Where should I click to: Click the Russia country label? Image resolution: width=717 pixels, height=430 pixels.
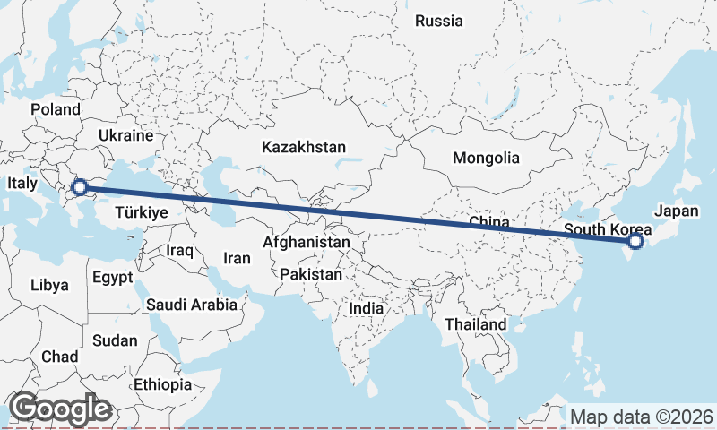(439, 21)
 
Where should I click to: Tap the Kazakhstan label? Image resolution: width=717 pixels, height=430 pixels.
(304, 146)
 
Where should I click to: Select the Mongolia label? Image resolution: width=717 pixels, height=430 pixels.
(486, 159)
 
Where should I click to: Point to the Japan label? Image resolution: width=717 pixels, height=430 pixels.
(676, 211)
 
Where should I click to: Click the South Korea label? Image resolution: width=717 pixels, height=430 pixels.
(608, 230)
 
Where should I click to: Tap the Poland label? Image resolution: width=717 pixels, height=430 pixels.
(55, 109)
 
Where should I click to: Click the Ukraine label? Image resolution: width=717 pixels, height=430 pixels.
(126, 135)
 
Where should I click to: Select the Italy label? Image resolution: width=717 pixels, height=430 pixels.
(22, 183)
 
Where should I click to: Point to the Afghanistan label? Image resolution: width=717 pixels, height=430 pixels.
(306, 242)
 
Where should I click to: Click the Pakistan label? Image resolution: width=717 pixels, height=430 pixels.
(311, 274)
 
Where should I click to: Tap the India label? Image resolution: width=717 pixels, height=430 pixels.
(366, 308)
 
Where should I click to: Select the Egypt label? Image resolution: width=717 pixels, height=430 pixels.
(112, 277)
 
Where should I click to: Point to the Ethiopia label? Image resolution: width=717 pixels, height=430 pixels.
(162, 384)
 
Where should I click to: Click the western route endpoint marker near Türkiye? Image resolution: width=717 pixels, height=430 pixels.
(79, 187)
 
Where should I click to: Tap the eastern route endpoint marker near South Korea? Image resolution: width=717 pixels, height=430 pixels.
(635, 241)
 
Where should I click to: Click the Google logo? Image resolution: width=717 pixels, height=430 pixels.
(59, 408)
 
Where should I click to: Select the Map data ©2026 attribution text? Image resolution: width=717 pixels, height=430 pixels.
(642, 417)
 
